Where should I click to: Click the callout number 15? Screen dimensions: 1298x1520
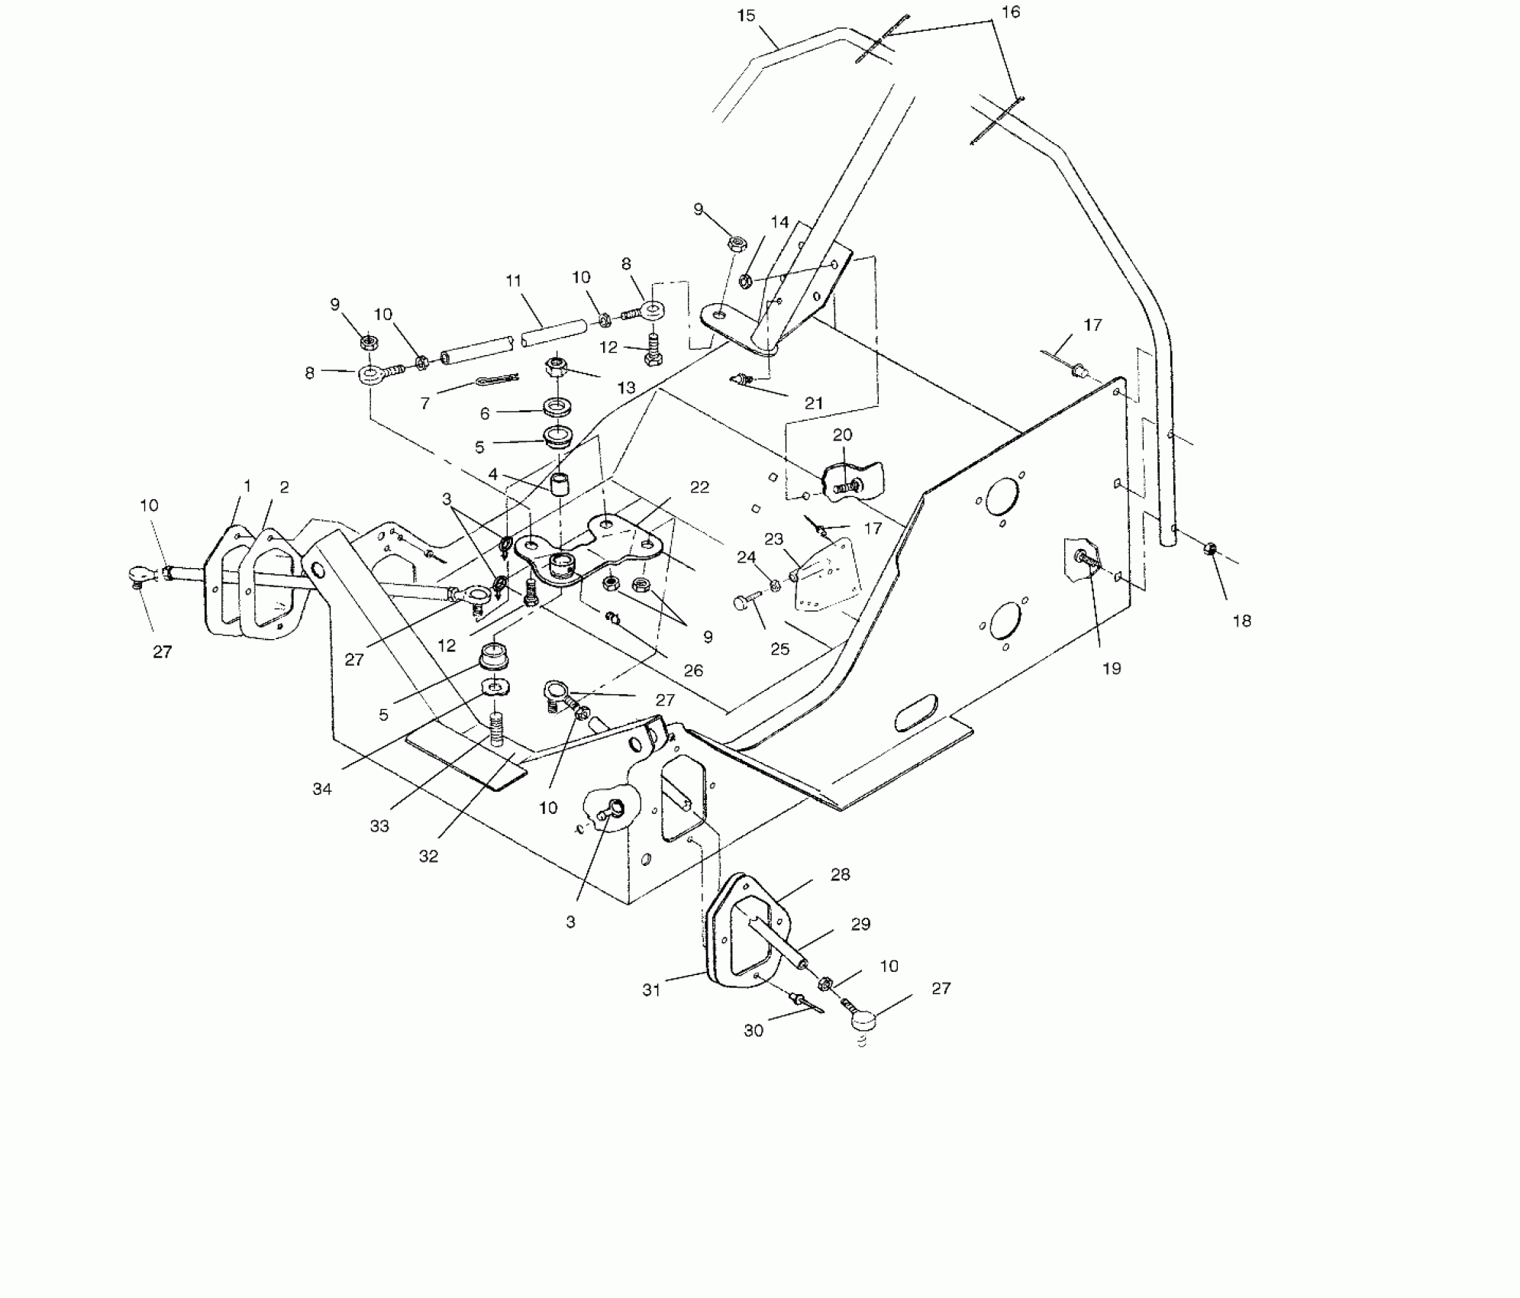point(746,15)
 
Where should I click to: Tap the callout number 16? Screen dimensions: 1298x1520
point(1010,13)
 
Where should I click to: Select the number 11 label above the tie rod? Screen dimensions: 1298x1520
point(513,281)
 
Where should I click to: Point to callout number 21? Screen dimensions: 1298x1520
point(814,403)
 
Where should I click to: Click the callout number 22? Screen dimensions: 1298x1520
point(699,487)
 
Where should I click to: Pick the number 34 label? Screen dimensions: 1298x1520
point(322,789)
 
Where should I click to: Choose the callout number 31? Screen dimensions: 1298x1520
point(650,990)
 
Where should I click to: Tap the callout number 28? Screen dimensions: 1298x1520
point(840,874)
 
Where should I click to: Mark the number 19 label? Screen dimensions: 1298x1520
point(1112,668)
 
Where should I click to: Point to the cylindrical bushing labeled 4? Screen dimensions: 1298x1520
point(561,485)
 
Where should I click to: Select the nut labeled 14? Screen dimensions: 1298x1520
point(747,281)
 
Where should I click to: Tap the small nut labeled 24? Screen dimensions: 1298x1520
point(775,586)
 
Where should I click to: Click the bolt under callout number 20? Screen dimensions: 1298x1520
point(847,484)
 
